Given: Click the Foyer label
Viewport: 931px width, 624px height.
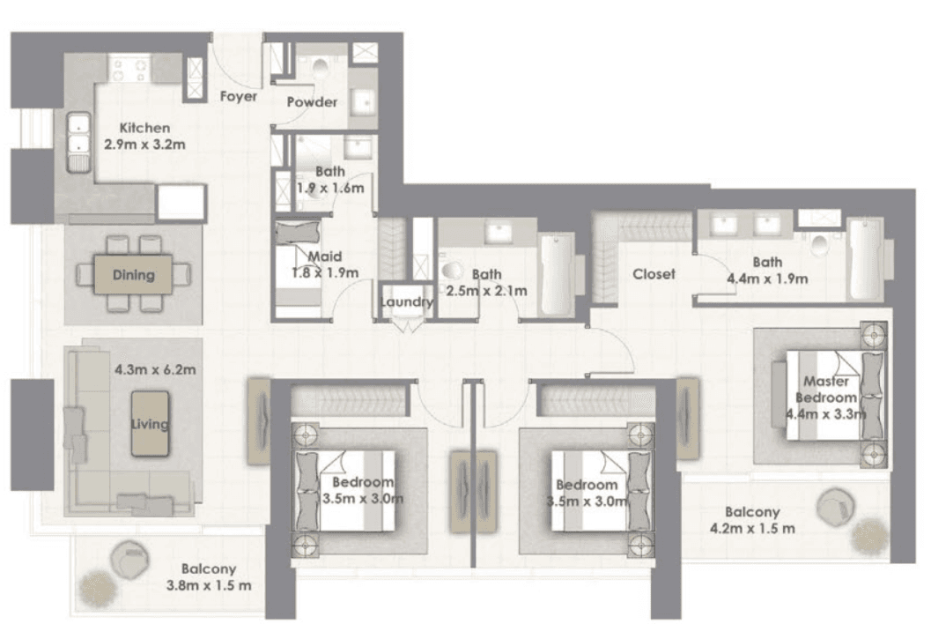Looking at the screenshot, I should (x=239, y=96).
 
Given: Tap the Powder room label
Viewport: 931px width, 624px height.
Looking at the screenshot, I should (x=313, y=102).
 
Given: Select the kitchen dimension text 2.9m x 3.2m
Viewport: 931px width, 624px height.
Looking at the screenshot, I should (x=145, y=144).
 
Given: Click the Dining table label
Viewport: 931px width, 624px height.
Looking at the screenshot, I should (x=134, y=275).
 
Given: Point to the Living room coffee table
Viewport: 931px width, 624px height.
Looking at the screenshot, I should (x=150, y=424).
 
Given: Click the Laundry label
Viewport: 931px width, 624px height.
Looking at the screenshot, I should (x=406, y=302).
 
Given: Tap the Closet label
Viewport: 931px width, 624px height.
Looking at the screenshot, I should (x=654, y=274).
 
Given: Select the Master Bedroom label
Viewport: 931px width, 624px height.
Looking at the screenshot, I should (x=827, y=389).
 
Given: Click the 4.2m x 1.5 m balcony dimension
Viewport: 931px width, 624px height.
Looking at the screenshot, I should (x=752, y=529).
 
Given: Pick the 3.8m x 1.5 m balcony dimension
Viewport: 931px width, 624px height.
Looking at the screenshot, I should (x=209, y=585).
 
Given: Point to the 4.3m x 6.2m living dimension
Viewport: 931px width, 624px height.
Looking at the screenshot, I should (x=154, y=368).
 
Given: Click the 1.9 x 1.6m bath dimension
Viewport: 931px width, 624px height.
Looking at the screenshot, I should (x=329, y=187).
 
